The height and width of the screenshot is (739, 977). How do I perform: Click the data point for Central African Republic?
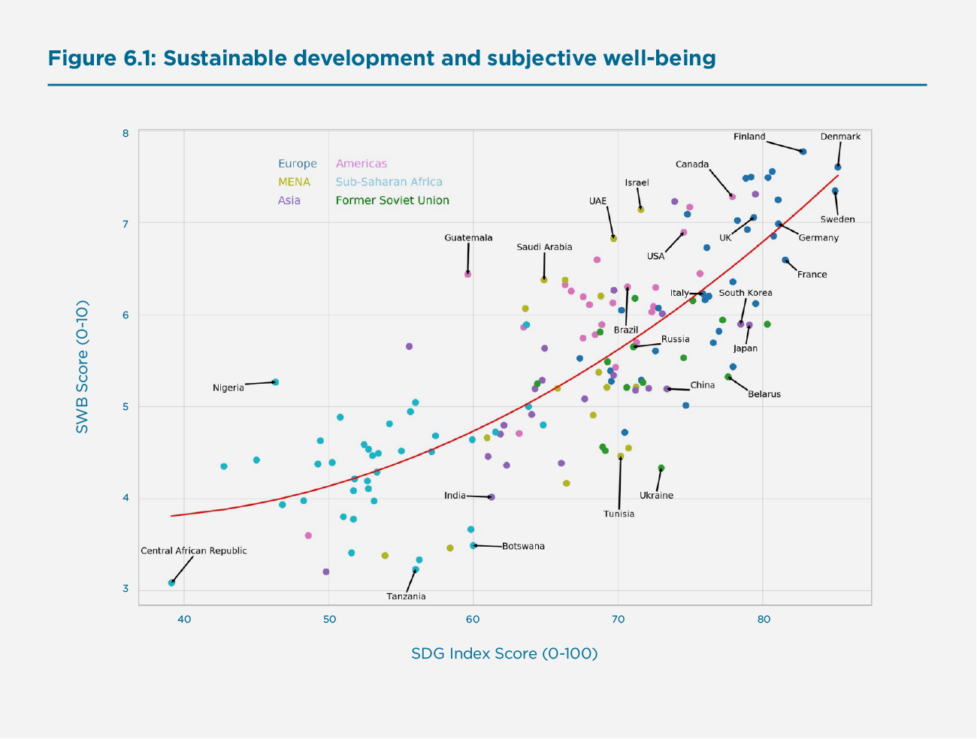(171, 583)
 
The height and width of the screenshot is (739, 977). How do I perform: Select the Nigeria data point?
(275, 382)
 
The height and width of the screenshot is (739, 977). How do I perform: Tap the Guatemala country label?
(468, 238)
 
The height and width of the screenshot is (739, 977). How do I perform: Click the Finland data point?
(803, 152)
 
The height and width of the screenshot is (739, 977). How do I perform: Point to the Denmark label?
(840, 137)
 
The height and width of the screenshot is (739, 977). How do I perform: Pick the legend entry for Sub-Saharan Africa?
(389, 182)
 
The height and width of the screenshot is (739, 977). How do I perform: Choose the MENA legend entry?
(294, 182)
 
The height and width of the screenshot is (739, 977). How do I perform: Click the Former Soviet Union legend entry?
(392, 201)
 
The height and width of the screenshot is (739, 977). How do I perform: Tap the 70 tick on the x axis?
(618, 620)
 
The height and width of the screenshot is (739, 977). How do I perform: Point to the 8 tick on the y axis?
(126, 134)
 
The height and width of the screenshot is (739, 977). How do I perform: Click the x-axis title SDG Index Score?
(504, 653)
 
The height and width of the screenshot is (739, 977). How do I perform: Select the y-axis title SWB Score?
(82, 366)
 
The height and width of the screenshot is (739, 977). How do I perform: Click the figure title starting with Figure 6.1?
(382, 59)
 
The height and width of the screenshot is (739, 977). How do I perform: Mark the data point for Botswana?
(473, 546)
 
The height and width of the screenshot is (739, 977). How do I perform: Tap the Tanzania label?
(406, 596)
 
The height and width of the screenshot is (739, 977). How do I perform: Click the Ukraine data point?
(661, 468)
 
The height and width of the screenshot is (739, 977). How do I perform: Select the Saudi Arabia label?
(544, 247)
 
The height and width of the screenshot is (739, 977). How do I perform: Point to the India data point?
(492, 497)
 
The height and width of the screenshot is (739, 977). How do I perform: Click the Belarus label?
(764, 394)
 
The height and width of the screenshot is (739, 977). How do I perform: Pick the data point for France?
(785, 261)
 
